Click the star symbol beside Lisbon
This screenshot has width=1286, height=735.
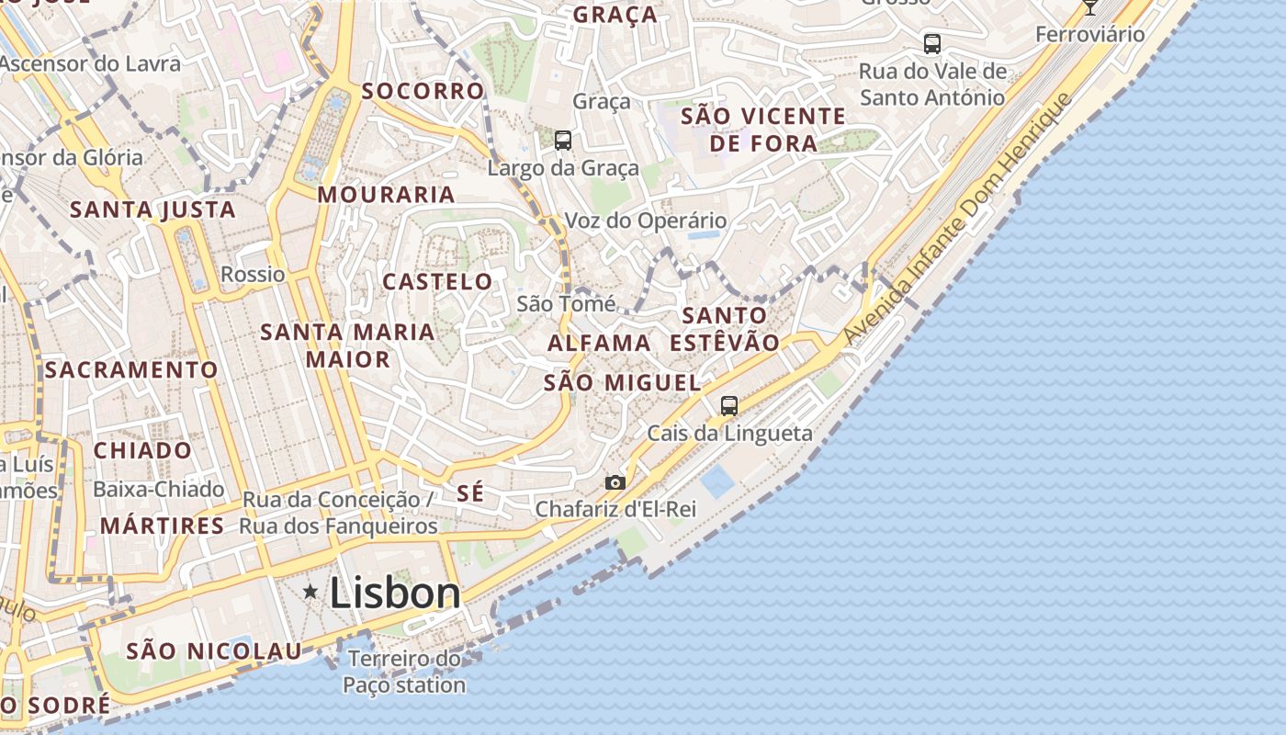[310, 593]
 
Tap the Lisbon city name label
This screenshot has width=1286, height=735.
[395, 593]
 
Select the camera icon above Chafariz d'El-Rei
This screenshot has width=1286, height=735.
[615, 482]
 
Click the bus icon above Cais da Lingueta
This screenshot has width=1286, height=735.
[729, 405]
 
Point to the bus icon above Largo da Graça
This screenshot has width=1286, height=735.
[563, 141]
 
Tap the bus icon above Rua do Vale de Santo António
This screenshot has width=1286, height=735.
[932, 43]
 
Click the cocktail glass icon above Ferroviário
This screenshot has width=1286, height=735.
[1090, 6]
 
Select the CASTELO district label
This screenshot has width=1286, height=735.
[437, 281]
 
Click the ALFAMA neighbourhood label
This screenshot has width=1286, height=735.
[599, 343]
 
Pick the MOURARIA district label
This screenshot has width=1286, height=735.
[387, 195]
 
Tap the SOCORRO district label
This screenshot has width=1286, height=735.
[423, 91]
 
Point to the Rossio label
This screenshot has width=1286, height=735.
[253, 274]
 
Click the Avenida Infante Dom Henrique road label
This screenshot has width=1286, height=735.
[957, 220]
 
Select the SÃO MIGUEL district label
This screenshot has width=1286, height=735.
[622, 382]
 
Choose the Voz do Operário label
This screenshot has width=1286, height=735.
[645, 220]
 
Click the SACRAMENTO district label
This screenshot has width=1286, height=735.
[131, 369]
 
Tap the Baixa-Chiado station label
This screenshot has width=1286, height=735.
[159, 489]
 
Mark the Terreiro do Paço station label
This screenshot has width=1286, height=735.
[404, 672]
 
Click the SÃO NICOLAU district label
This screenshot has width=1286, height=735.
[213, 650]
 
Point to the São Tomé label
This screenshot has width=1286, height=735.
[566, 303]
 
